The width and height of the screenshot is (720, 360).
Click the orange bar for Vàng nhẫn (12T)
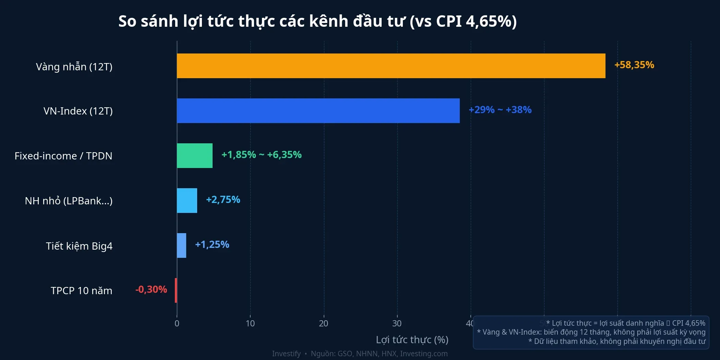(391, 66)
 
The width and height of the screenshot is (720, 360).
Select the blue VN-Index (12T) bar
(318, 111)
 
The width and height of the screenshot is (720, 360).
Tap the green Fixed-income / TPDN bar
(195, 156)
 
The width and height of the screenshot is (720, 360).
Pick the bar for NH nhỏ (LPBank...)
(187, 201)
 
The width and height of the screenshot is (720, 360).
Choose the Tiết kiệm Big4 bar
(181, 245)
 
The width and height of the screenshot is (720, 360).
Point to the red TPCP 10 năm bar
(176, 290)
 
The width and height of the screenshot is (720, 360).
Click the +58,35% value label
(634, 65)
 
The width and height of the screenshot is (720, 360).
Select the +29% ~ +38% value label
(500, 110)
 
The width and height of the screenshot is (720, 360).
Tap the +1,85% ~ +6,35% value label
(261, 155)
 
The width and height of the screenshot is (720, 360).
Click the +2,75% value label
(223, 200)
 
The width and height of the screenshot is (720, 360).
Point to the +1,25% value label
(212, 244)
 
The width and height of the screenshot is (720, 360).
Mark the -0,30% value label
(151, 289)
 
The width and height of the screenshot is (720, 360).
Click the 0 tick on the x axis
(177, 323)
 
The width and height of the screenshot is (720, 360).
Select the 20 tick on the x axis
(324, 323)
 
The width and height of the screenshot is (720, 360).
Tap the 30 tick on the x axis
(397, 323)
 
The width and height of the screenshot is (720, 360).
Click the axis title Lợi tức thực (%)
(412, 340)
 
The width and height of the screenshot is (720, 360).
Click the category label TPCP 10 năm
(82, 291)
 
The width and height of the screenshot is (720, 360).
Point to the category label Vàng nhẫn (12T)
(74, 67)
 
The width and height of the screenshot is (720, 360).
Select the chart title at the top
(317, 21)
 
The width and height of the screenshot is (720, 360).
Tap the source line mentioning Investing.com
(360, 353)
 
